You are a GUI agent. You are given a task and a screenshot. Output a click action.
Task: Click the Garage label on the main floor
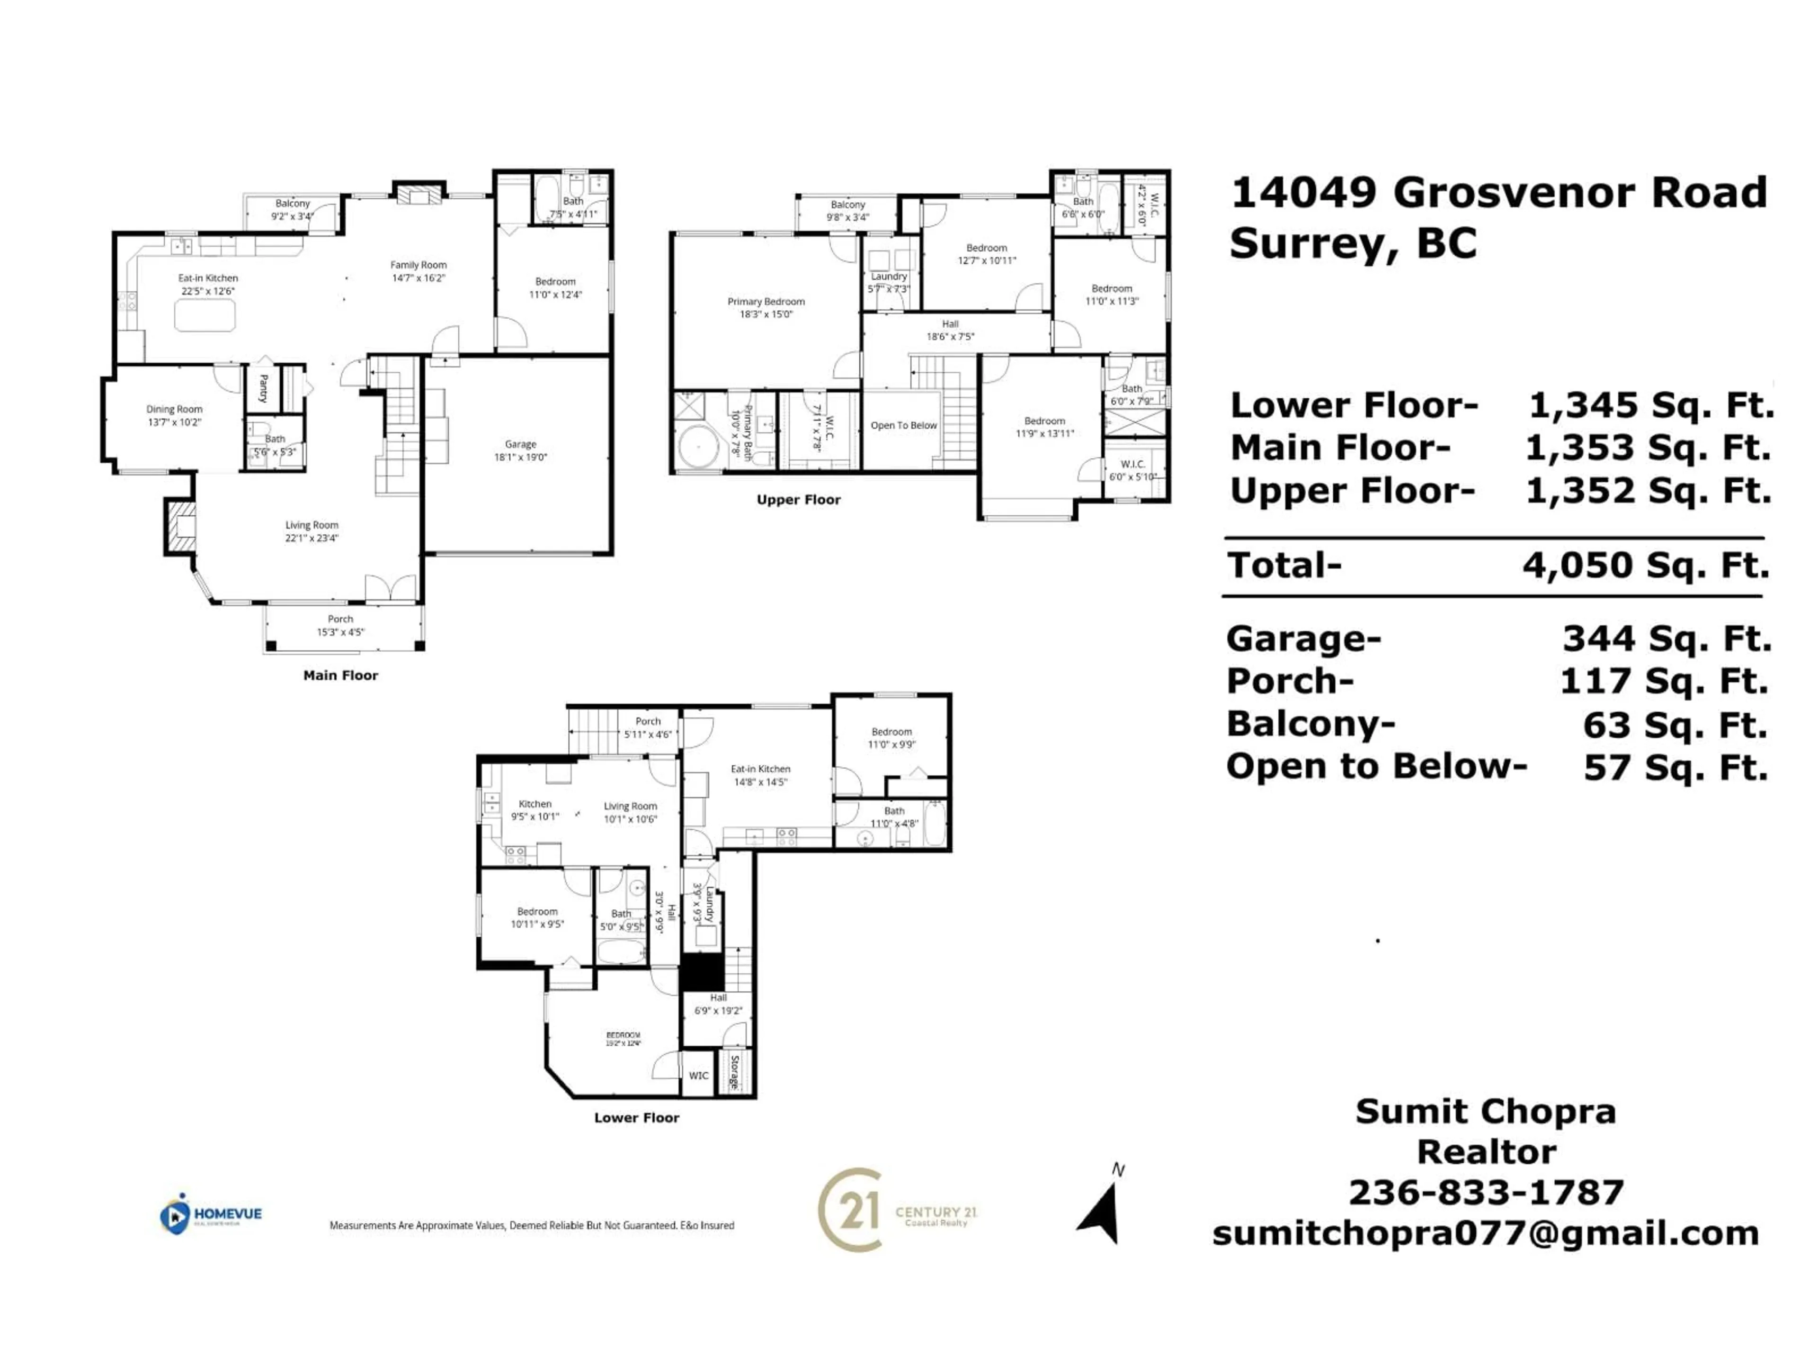point(520,444)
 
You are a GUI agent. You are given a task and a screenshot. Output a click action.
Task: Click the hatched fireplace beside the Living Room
point(181,526)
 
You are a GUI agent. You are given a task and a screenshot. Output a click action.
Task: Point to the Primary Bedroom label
point(766,302)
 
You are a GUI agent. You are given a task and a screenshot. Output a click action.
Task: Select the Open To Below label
point(903,425)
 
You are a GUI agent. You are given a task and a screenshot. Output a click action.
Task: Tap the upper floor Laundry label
point(889,276)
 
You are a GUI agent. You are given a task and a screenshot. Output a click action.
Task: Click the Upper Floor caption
point(798,500)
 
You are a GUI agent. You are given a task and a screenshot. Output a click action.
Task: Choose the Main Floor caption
point(340,675)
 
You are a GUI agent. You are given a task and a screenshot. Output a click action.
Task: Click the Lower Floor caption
point(636,1117)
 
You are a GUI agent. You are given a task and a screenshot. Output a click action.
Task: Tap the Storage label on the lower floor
point(735,1072)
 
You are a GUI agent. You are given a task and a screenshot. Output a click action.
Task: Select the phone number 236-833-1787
point(1486,1192)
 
